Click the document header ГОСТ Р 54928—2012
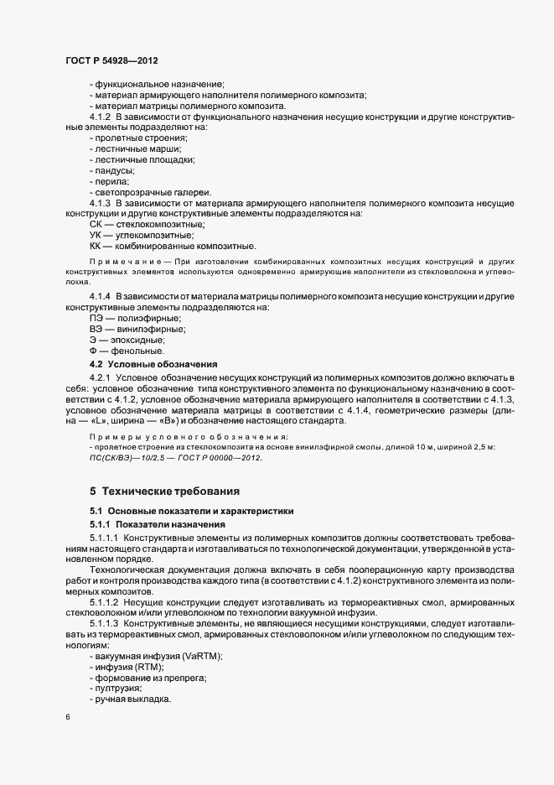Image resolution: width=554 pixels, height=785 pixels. coord(112,62)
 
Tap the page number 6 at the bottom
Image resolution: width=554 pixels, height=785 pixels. coord(67,717)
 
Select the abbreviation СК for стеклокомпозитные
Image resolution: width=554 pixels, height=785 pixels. coord(97,225)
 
